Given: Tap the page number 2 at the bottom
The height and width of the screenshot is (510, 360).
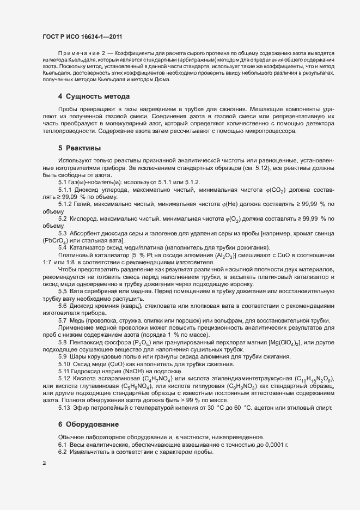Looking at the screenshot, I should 44,463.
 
